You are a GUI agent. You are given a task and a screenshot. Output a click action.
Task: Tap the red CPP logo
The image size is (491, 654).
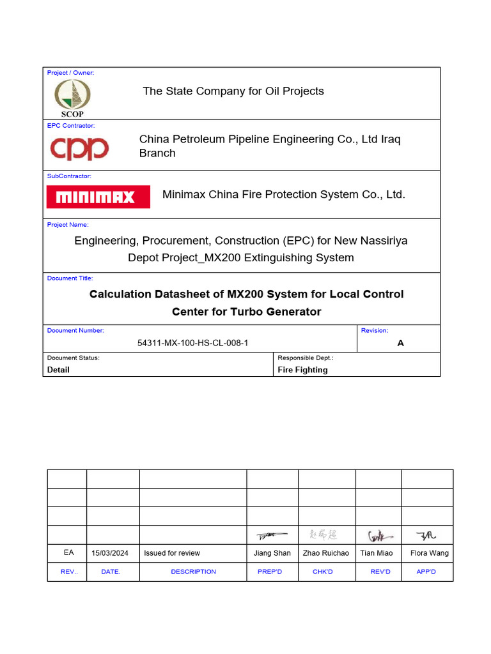80,148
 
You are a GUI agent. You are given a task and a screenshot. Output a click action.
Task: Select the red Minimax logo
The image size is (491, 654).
98,197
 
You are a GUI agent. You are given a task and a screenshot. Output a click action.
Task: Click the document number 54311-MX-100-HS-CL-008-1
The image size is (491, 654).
193,343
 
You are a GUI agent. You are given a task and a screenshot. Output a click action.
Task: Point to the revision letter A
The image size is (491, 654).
400,343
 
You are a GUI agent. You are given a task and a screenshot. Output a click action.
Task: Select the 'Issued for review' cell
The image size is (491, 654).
172,553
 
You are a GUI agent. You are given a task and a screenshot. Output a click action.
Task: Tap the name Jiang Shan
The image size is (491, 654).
272,553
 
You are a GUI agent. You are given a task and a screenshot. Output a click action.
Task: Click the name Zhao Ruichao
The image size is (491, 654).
326,553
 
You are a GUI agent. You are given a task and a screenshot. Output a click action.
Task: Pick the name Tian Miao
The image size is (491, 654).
377,553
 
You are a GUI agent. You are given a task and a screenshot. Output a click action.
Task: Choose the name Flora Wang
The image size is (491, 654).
429,553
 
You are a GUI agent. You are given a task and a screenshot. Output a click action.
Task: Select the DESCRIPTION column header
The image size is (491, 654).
193,572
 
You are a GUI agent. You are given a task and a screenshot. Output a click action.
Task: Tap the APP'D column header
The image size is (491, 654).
426,572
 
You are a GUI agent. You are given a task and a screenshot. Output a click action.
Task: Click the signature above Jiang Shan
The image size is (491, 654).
272,535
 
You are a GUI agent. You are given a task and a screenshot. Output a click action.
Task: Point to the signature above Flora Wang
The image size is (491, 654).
426,535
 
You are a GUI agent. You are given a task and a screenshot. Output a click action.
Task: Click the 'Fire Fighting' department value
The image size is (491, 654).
302,370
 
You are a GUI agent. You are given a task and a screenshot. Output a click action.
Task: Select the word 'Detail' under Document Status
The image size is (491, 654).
58,370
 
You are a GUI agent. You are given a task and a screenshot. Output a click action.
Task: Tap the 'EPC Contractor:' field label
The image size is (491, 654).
71,126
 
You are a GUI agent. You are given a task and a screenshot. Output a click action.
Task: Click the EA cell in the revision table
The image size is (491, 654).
68,552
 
